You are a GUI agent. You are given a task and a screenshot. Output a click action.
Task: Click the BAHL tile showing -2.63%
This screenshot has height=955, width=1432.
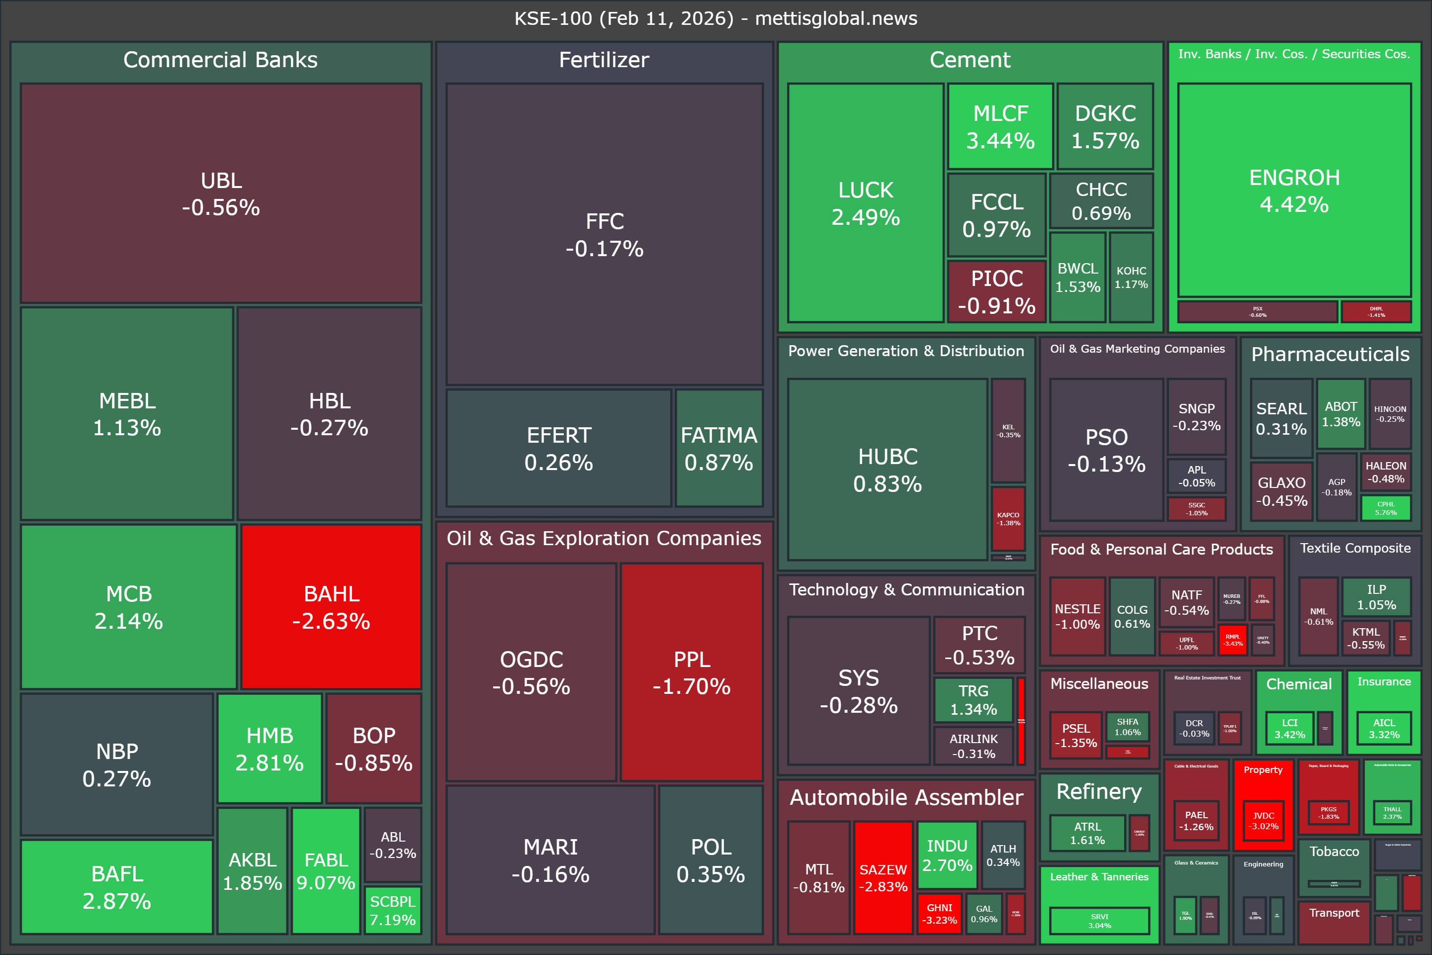tap(331, 607)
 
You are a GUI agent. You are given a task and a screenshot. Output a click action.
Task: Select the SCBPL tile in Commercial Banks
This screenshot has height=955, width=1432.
tap(393, 911)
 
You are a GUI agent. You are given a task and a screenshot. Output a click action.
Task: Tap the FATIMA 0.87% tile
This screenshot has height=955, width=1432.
tap(718, 448)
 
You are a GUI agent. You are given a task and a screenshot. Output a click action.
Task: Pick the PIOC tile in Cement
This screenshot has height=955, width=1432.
tap(996, 292)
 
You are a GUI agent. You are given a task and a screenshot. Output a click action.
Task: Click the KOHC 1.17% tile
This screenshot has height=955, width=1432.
tap(1131, 278)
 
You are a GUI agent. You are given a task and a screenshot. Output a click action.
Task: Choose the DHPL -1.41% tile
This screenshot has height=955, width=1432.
tap(1376, 312)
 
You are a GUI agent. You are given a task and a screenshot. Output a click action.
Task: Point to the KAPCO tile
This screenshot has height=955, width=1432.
tap(1008, 518)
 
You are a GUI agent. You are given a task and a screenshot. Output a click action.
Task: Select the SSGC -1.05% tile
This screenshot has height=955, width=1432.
tap(1196, 508)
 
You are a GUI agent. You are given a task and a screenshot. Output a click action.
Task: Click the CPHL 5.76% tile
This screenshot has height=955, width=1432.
tap(1386, 508)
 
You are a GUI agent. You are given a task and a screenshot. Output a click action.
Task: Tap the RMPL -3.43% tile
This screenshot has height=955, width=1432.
tap(1233, 640)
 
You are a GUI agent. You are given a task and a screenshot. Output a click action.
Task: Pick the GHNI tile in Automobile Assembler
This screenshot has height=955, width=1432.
tap(939, 914)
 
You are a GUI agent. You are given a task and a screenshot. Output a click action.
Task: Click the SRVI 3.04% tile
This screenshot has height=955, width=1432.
tap(1099, 921)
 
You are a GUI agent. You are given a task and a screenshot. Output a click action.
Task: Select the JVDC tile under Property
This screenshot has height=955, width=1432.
tap(1263, 820)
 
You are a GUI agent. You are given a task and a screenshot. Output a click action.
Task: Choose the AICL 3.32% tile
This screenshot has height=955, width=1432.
tap(1384, 728)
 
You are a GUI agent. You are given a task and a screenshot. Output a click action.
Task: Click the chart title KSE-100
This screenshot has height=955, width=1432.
tap(716, 18)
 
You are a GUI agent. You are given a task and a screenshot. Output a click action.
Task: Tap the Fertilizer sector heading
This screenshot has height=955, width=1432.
tap(604, 60)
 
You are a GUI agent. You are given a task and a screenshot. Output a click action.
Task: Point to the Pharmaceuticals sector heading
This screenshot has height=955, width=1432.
tap(1331, 354)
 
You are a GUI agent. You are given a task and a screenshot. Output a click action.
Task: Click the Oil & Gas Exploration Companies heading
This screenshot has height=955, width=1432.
tap(604, 538)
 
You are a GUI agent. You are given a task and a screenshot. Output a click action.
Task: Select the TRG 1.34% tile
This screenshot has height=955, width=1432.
tap(974, 700)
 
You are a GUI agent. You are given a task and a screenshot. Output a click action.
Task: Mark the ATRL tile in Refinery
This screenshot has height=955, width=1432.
tap(1087, 833)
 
